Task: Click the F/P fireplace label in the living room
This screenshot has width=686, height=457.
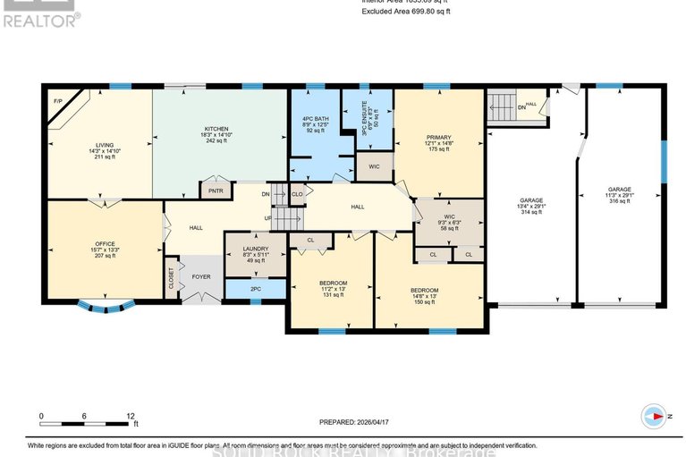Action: click(x=57, y=101)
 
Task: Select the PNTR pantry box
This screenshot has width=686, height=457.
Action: click(x=216, y=190)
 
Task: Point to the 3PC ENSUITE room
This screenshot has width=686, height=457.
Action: click(x=367, y=118)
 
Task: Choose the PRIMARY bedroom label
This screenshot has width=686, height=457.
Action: click(x=440, y=143)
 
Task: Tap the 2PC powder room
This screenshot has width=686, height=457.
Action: click(x=254, y=288)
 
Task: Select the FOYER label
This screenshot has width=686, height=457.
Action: click(x=201, y=277)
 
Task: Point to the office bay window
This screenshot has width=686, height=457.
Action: click(x=106, y=308)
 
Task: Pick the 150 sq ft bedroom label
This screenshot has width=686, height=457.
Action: click(x=424, y=296)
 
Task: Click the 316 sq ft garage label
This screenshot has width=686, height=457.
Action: click(x=620, y=195)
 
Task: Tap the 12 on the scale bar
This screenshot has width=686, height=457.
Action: click(x=131, y=417)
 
